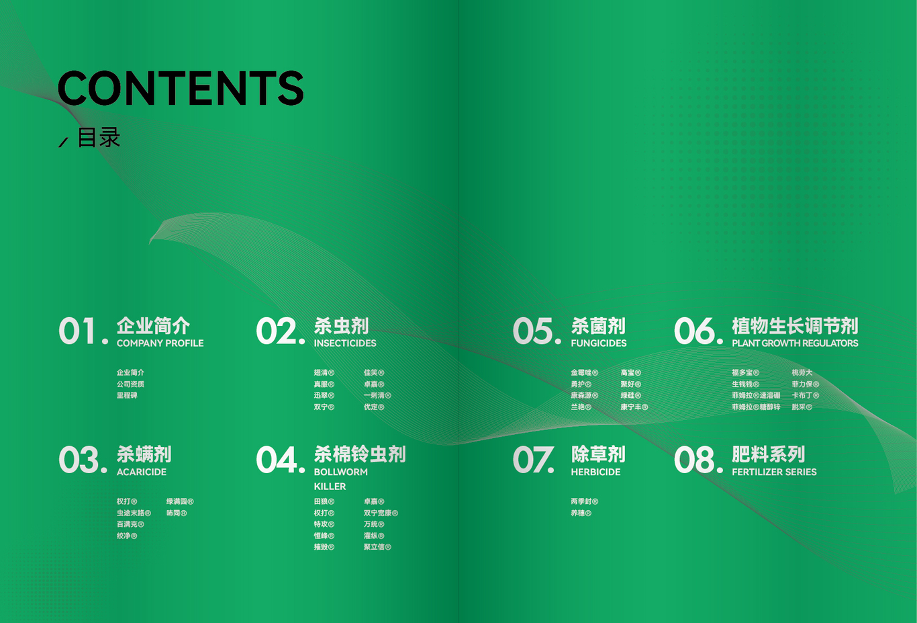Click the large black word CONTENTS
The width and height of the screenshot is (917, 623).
(x=181, y=88)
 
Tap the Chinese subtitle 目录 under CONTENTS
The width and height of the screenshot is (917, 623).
(x=99, y=138)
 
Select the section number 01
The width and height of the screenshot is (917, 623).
(x=82, y=331)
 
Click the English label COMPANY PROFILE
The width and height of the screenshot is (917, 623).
(x=160, y=343)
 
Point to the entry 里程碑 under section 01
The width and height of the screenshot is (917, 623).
(x=127, y=396)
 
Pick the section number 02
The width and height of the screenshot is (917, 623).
(x=279, y=331)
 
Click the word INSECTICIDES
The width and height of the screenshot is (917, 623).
(x=345, y=343)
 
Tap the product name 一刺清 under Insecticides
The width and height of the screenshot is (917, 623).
(x=377, y=396)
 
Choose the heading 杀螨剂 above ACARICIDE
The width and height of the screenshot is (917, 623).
(x=144, y=454)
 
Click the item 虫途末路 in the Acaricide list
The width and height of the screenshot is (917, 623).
(x=133, y=513)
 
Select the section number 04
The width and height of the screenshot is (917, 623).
(x=279, y=460)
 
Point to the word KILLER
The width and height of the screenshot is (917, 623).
(x=330, y=487)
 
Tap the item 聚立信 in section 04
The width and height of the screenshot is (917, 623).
(x=377, y=547)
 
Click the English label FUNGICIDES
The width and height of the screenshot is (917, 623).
(x=598, y=343)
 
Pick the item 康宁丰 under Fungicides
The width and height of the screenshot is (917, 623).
(x=634, y=407)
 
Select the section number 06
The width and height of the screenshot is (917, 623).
(x=697, y=331)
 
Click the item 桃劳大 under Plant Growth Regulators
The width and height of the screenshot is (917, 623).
(x=802, y=373)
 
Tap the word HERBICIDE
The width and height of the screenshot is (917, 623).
(x=595, y=472)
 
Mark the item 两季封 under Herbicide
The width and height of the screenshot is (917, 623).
(x=584, y=502)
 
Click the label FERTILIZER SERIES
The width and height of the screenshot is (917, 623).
(x=774, y=472)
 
